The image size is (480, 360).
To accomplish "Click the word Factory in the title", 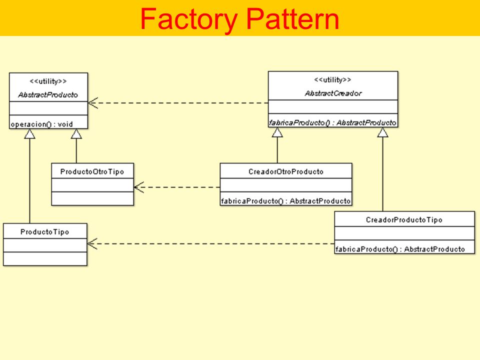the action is (189, 20).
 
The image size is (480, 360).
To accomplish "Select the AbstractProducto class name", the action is (48, 95).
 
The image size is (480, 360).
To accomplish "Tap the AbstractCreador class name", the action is (333, 93).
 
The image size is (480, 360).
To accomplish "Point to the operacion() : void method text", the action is (41, 124).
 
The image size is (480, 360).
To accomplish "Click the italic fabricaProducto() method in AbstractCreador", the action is (332, 123).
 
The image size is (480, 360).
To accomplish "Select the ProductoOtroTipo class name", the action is (92, 171).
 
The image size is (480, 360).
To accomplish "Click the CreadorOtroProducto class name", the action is (286, 171).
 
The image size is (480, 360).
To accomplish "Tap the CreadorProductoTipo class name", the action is (404, 219).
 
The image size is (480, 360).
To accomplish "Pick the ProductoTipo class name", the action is (44, 231).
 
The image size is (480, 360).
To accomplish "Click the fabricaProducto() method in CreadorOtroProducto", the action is (285, 201).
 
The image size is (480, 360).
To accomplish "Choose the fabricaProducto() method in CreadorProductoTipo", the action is (400, 249).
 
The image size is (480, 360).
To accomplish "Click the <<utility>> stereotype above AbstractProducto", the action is (48, 81).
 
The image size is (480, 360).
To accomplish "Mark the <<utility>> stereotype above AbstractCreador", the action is (332, 80).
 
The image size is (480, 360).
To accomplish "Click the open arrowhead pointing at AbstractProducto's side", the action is (93, 103).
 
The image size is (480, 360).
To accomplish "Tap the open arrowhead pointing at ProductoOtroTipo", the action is (139, 187).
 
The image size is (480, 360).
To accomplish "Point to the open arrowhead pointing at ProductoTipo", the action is (92, 243).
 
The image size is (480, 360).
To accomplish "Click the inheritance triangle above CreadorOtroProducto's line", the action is (277, 132).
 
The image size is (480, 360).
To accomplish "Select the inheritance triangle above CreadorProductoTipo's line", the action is (382, 132).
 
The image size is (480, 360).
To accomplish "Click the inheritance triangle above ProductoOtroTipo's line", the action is (76, 134).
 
